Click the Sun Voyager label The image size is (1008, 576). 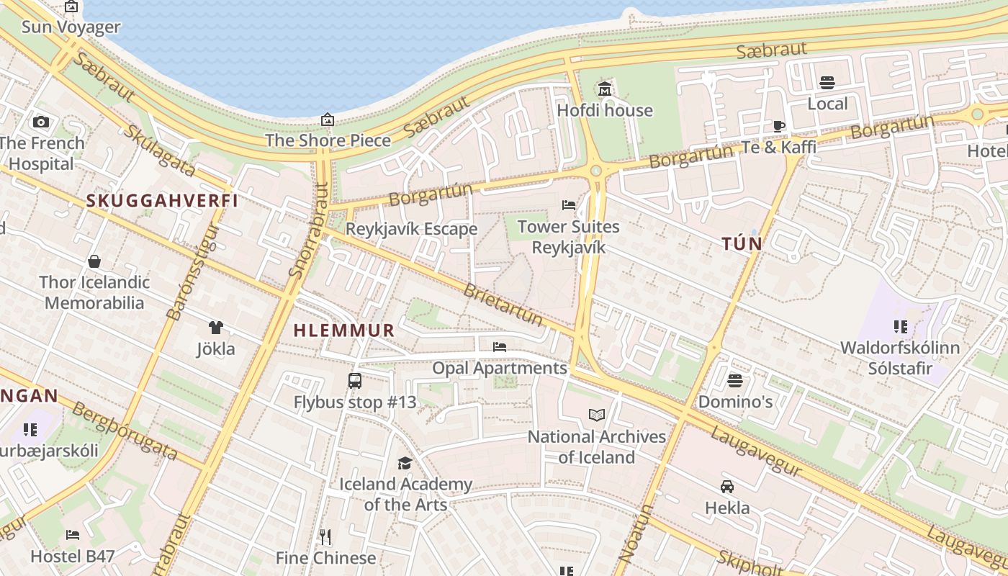click(71, 27)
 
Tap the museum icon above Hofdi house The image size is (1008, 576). click(604, 89)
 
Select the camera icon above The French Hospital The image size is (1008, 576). click(41, 122)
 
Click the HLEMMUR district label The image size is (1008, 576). click(344, 330)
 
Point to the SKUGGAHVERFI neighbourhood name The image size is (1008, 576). click(162, 201)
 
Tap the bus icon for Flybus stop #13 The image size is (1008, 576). click(355, 381)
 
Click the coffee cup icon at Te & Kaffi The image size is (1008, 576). click(779, 126)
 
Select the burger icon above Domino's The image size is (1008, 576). click(734, 380)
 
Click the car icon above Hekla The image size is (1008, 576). click(727, 487)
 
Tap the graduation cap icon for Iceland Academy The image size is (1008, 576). click(405, 463)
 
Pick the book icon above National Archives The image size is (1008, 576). click(596, 415)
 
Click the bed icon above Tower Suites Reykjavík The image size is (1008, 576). click(569, 205)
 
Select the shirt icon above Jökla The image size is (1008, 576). click(215, 328)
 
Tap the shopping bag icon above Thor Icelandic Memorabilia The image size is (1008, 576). click(94, 261)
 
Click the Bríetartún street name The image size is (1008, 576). click(503, 305)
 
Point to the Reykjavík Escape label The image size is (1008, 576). click(411, 229)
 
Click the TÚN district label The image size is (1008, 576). click(742, 244)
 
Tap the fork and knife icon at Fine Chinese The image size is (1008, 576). click(325, 536)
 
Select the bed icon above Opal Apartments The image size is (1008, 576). click(500, 347)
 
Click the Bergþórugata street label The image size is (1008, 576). click(125, 431)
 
